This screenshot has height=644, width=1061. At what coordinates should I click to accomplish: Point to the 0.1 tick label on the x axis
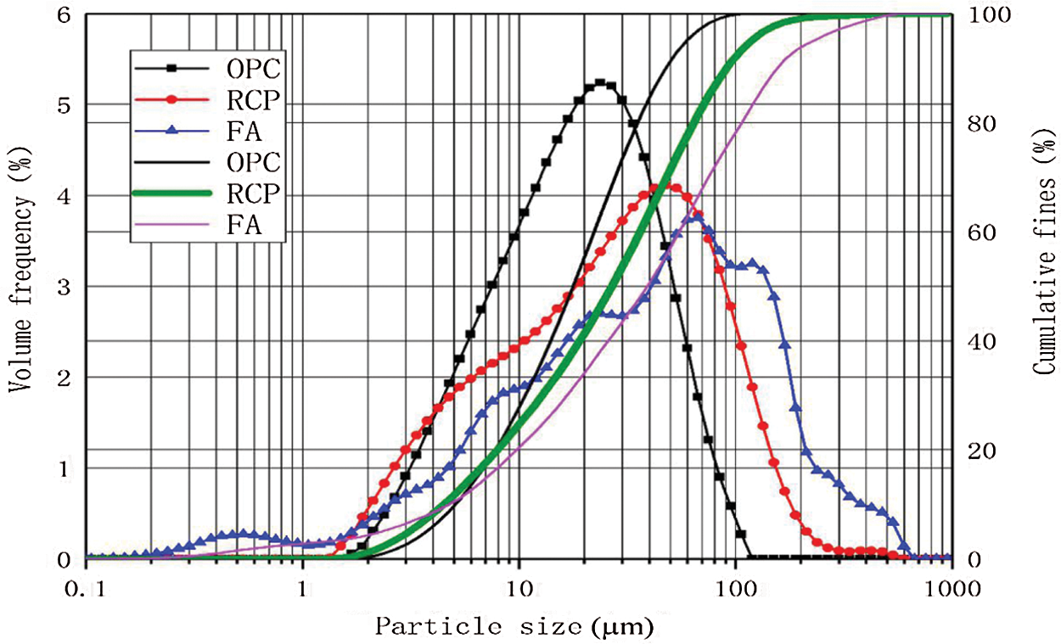point(87,585)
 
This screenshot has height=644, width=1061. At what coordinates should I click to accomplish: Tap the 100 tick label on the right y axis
point(983,15)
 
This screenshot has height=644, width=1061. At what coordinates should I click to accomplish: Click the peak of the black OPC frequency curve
point(600,83)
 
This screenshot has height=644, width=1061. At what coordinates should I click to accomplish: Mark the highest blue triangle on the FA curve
point(698,216)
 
